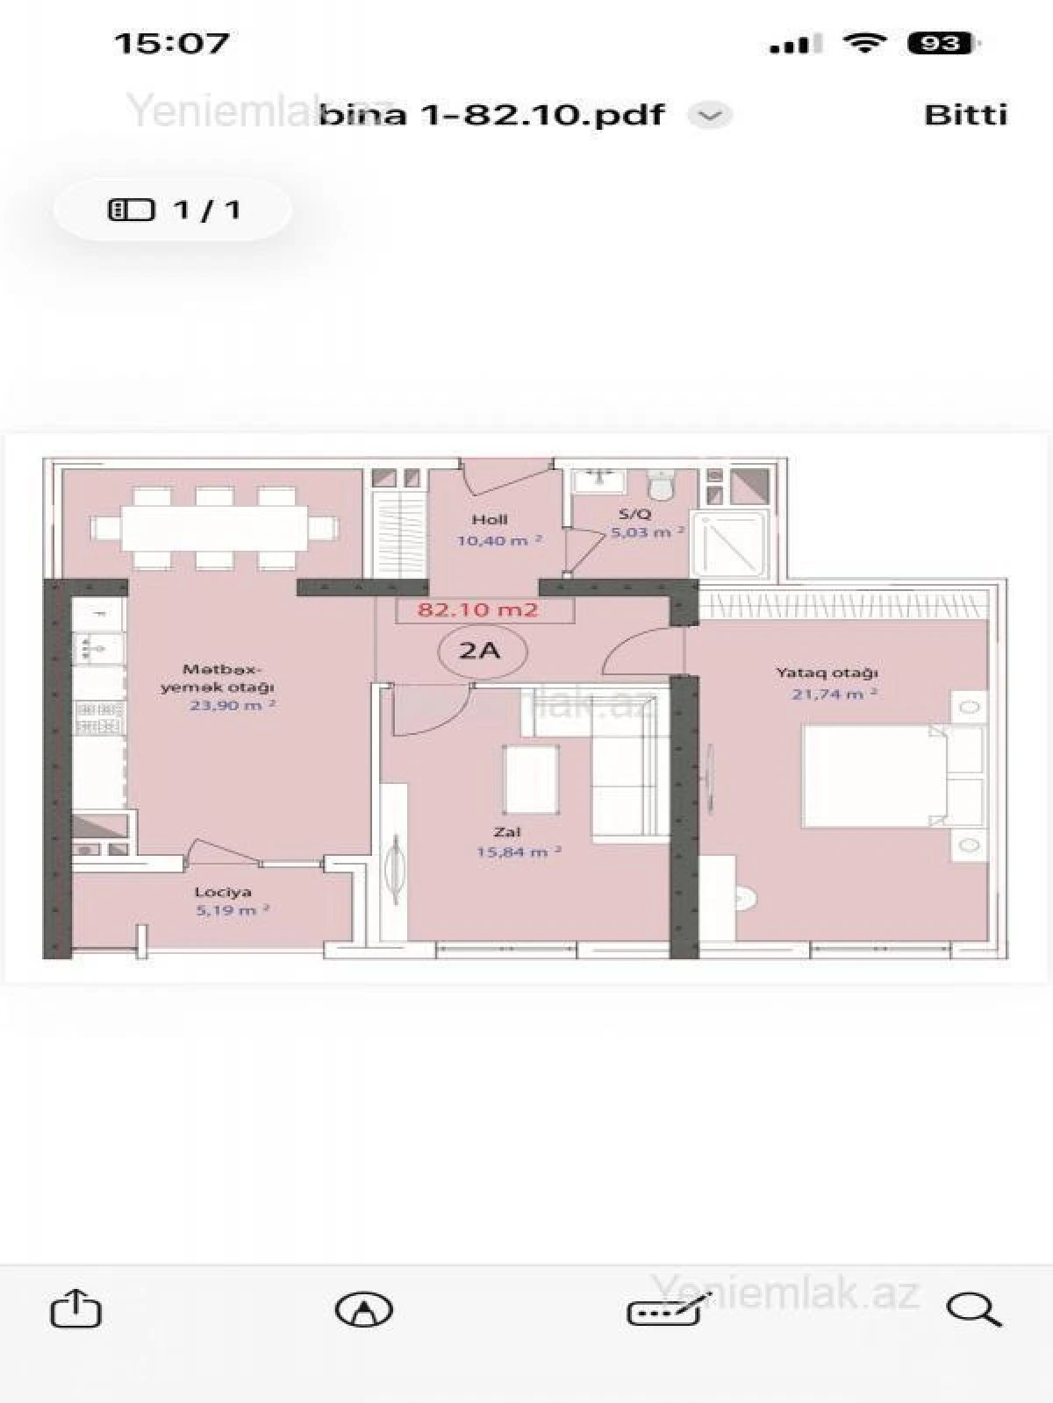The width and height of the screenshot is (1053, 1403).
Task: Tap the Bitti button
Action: pos(965,115)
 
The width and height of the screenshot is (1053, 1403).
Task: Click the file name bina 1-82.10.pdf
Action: pos(491,115)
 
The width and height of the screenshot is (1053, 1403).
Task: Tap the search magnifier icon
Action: pos(973,1310)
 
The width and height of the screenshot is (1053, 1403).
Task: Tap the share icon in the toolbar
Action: pos(76,1309)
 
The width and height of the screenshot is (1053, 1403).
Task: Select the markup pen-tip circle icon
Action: pos(364,1310)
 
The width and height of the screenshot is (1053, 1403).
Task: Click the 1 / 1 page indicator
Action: pos(173,210)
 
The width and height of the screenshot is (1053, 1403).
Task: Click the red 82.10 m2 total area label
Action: pos(478,610)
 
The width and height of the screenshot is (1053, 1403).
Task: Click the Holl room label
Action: pos(489,519)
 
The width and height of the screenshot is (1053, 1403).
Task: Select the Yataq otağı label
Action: pos(827,673)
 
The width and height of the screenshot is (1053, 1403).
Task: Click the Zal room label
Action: pos(506,831)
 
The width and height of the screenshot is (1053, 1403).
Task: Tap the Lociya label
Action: pos(223,892)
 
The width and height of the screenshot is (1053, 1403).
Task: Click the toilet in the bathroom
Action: pos(660,483)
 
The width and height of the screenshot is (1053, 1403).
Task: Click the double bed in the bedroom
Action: pos(877,775)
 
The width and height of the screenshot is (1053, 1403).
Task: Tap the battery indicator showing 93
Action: pos(940,43)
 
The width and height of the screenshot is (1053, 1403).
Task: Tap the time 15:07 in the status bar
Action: pos(172,43)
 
